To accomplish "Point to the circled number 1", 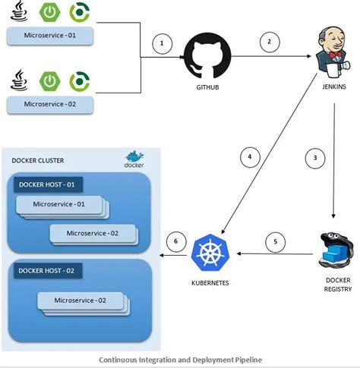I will tap(161, 43).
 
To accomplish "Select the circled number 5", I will tap(277, 243).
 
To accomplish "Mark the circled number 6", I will tap(176, 241).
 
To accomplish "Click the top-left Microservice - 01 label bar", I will tap(49, 35).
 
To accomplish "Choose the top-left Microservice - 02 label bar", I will tap(49, 103).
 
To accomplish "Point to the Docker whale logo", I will tap(135, 160).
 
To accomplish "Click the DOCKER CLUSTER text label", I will tap(38, 161).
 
